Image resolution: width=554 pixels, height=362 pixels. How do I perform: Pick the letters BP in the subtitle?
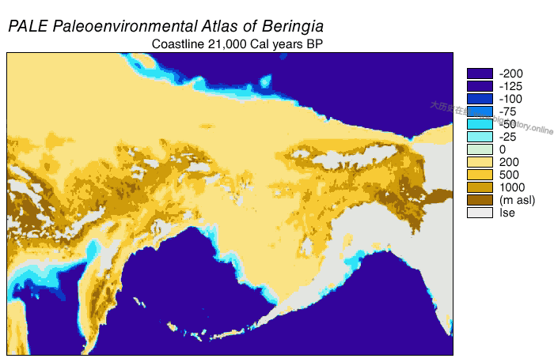click(316, 44)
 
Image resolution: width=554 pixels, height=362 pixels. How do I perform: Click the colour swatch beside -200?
click(480, 74)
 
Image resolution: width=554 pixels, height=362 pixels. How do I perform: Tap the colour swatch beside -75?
click(480, 111)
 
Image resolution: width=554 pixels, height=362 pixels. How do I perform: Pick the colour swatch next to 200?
click(480, 162)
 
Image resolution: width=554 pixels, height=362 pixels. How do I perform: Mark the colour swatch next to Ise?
click(480, 213)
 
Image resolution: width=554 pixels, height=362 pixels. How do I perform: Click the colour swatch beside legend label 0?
click(480, 149)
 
